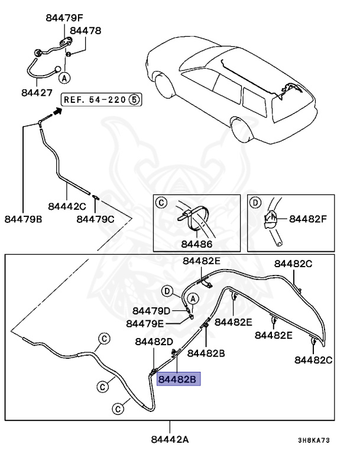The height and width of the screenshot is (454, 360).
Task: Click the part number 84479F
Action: point(66,18)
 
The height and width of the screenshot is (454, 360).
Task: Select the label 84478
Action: point(86,30)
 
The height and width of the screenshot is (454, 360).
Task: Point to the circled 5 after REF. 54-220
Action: point(134,99)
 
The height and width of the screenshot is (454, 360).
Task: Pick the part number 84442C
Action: point(67,206)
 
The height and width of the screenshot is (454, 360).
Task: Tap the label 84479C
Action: point(95,219)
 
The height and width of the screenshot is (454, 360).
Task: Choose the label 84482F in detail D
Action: point(308,219)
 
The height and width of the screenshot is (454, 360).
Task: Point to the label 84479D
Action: point(151,311)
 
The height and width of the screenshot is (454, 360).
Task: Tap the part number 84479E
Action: point(145,323)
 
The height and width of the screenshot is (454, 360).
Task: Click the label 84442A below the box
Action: point(170,439)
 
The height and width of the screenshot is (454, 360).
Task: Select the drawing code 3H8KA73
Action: point(313,440)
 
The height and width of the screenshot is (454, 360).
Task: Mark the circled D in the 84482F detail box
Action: point(255,203)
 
